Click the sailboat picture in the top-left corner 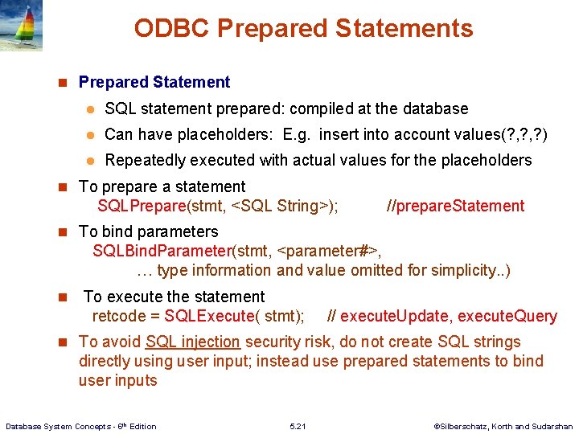21,25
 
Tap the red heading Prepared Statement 154,82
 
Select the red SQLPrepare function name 141,206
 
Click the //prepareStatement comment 455,206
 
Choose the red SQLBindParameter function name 162,251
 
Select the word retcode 118,316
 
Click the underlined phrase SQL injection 193,342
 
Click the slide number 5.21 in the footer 297,426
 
